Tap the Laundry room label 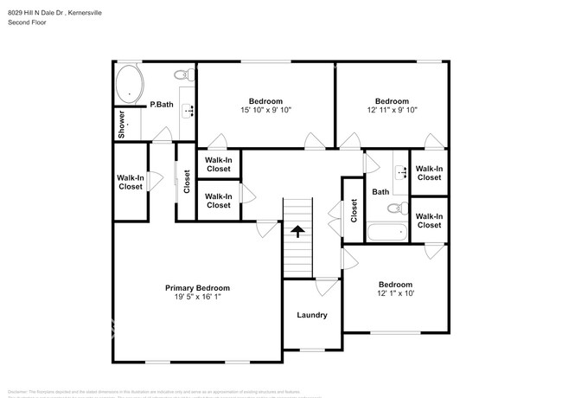click(x=311, y=315)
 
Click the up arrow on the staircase click(x=297, y=231)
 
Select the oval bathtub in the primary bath click(x=131, y=84)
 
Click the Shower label click(x=122, y=124)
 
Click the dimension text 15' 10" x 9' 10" click(x=265, y=110)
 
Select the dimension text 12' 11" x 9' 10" click(x=392, y=110)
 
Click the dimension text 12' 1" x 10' click(x=394, y=294)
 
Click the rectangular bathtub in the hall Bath click(x=386, y=232)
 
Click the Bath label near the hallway click(x=380, y=192)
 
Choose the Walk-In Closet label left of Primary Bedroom click(x=130, y=182)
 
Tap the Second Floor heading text click(x=29, y=22)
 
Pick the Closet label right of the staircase click(x=354, y=210)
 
